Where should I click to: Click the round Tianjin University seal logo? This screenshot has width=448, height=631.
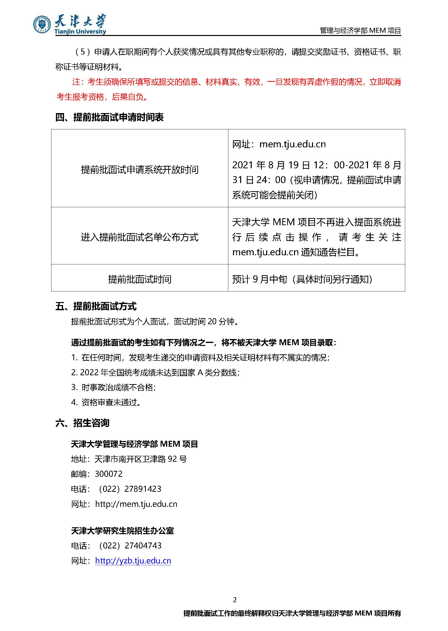tap(42, 24)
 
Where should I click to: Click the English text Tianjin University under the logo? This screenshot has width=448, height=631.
tap(80, 32)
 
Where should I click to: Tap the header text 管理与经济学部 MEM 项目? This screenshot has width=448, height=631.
tap(360, 30)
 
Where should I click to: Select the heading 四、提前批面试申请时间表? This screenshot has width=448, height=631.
tap(109, 117)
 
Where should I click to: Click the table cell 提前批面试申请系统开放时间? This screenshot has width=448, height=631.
tap(140, 170)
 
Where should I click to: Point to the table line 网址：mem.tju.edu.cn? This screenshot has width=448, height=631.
tap(279, 144)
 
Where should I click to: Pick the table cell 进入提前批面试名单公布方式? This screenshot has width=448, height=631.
tap(140, 237)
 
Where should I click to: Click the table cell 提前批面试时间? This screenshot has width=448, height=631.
tap(140, 279)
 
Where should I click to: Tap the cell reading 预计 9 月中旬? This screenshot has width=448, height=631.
tap(302, 279)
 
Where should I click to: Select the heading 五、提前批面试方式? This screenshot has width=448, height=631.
tap(96, 306)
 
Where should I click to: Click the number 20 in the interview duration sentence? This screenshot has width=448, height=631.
tap(212, 322)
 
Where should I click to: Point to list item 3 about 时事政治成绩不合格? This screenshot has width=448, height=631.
tap(113, 387)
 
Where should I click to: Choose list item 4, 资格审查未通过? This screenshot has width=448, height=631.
tap(106, 402)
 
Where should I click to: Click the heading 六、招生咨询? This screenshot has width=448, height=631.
tap(82, 423)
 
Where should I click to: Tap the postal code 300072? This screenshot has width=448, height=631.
tap(108, 474)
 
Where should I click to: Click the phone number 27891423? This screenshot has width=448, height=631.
tap(143, 489)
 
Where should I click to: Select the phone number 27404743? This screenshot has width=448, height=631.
tap(143, 546)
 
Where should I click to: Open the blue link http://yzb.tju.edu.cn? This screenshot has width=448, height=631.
tap(133, 561)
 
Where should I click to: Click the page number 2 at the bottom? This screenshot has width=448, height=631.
tap(235, 599)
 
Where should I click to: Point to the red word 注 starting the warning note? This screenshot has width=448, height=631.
tap(76, 82)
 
